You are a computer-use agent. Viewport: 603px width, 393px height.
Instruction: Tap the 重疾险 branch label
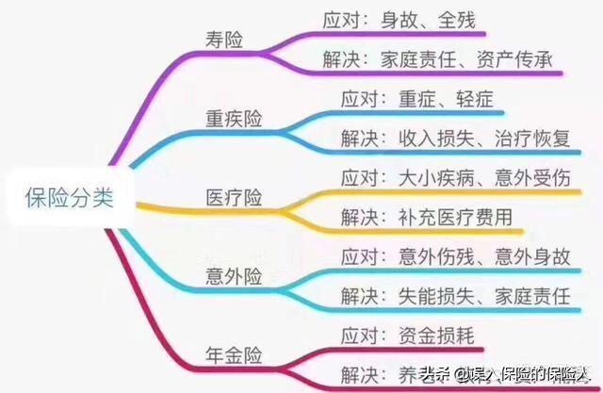pyautogui.click(x=235, y=119)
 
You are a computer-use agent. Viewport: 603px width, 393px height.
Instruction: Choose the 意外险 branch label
pyautogui.click(x=235, y=276)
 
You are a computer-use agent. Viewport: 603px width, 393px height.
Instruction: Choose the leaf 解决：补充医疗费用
pyautogui.click(x=425, y=218)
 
